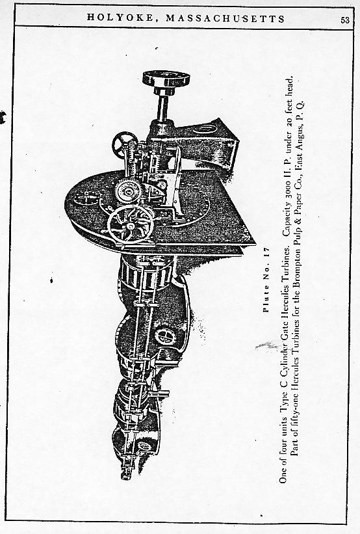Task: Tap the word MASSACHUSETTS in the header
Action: pyautogui.click(x=225, y=18)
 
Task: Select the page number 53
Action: pyautogui.click(x=344, y=20)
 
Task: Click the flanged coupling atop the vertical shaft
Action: pyautogui.click(x=166, y=79)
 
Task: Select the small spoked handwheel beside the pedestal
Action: pyautogui.click(x=125, y=144)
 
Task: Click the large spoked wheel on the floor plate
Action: pyautogui.click(x=131, y=224)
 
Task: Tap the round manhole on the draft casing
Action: pyautogui.click(x=165, y=337)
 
